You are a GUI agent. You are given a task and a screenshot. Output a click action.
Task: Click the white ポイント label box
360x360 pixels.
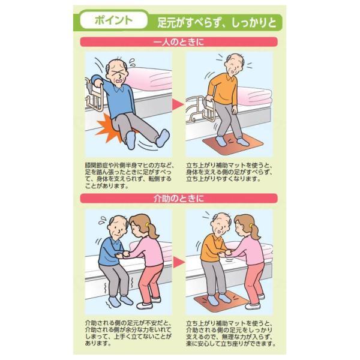pos(113,20)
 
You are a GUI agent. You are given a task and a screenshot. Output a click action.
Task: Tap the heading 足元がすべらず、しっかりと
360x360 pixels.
pos(217,23)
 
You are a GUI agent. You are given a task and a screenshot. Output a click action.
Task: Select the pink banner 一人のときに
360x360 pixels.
pos(179,42)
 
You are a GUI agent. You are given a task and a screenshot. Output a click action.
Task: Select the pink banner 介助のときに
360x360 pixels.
pos(179,199)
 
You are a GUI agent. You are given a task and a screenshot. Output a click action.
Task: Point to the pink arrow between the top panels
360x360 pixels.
pos(178,104)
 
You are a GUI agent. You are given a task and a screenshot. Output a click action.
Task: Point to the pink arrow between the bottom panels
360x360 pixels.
pos(179,262)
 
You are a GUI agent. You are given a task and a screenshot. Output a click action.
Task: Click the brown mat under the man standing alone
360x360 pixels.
pos(233,144)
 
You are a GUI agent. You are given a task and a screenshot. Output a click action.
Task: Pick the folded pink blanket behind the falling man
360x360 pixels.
pos(149,79)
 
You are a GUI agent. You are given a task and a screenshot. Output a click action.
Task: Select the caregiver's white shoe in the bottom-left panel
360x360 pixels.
pos(145,305)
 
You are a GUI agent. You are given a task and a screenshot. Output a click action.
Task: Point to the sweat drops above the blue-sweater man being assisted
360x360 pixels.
pos(103,221)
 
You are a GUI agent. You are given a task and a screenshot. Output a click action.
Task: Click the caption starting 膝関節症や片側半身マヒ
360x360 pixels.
pos(129,176)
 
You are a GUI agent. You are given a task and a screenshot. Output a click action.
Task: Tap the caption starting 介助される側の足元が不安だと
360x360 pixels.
pos(128,333)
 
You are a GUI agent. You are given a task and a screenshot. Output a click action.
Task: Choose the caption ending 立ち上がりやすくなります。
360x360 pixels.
pos(229,172)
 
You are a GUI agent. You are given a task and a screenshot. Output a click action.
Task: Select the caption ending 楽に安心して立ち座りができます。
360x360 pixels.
pos(230,334)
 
